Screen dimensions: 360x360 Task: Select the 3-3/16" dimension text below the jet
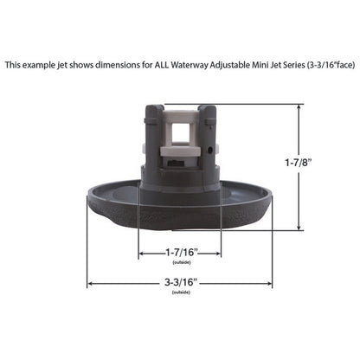(x=180, y=281)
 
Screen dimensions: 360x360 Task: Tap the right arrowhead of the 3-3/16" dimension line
(x=269, y=281)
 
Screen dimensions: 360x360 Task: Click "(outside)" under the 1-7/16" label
(x=180, y=262)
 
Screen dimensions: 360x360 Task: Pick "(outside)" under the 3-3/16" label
(x=180, y=292)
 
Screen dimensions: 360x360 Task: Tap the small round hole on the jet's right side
(x=209, y=148)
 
